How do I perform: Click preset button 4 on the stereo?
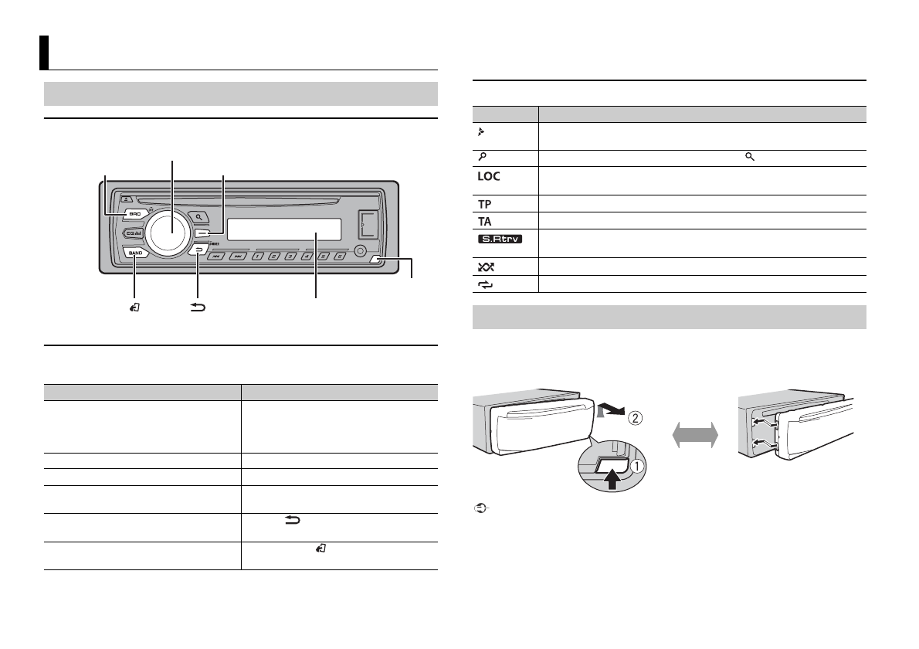tap(307, 256)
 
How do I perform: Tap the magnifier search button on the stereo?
tap(199, 218)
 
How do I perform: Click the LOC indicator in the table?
tap(489, 176)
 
